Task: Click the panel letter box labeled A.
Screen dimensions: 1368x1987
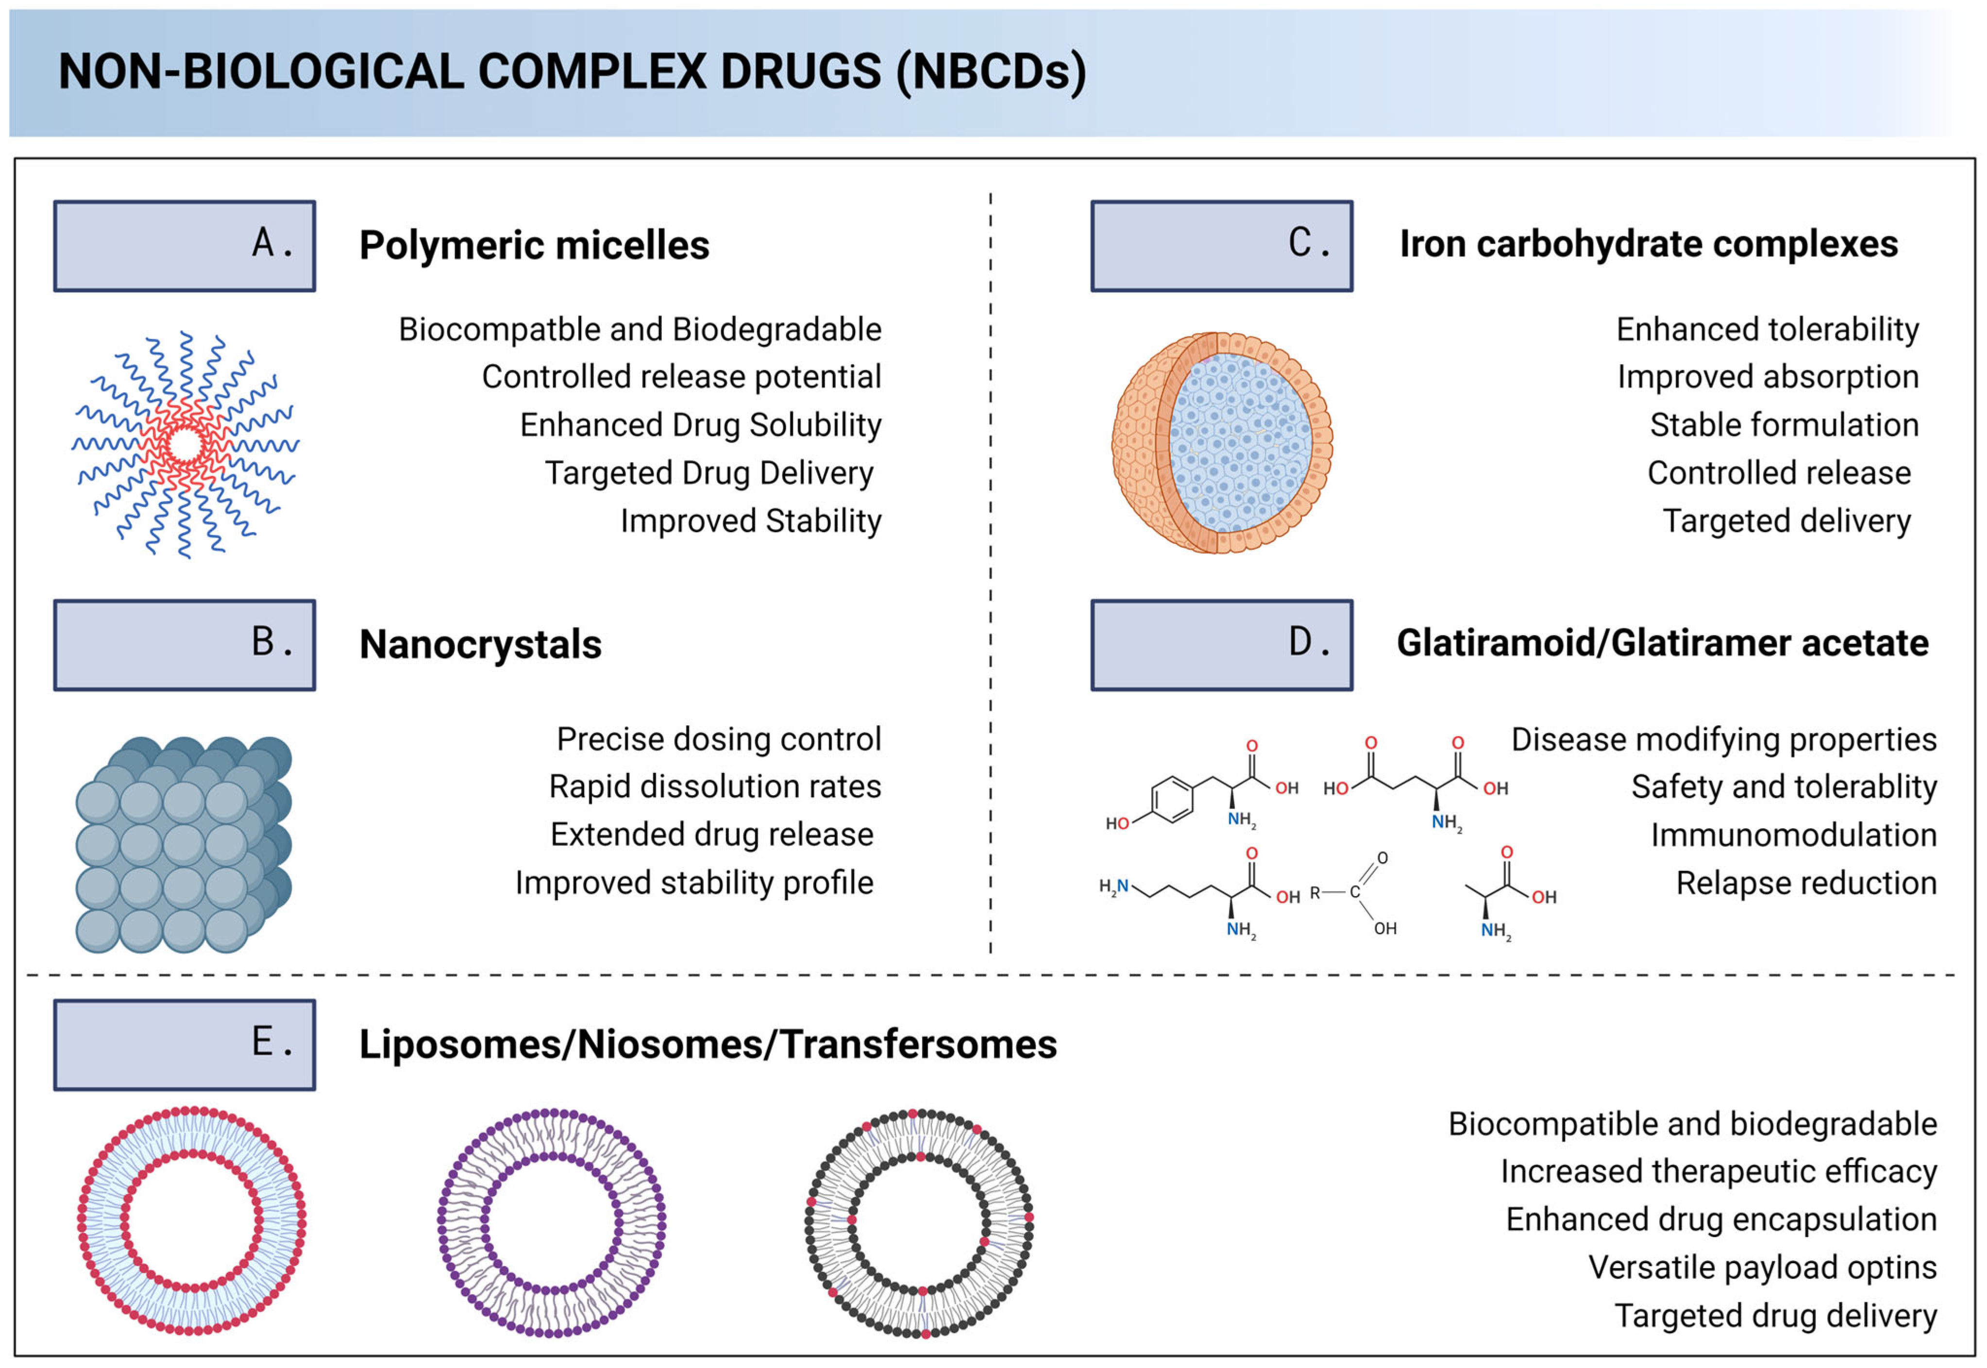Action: point(185,246)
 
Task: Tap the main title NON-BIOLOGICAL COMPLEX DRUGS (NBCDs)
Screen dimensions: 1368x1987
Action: point(572,72)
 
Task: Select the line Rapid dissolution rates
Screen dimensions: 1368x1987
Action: point(714,787)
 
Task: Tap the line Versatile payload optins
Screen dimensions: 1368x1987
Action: point(1762,1267)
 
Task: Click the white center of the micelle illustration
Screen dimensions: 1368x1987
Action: point(185,445)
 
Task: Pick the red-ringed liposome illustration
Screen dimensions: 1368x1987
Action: point(191,1220)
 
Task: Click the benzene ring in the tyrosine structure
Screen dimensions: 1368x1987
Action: point(1171,800)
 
